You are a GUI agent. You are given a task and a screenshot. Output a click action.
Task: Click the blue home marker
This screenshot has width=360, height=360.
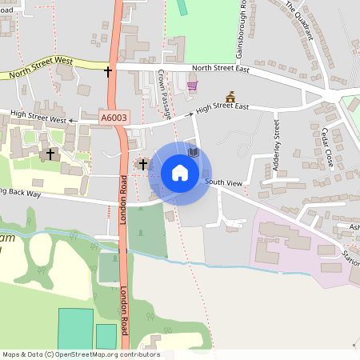(180, 173)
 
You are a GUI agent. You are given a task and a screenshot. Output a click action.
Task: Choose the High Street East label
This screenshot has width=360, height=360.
(222, 106)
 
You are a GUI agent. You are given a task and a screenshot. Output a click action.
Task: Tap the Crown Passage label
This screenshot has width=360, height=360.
(166, 94)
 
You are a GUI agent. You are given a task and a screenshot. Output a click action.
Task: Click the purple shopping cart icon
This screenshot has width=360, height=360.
(192, 86)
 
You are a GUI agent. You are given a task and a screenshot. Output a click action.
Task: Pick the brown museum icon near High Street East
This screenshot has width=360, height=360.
(231, 96)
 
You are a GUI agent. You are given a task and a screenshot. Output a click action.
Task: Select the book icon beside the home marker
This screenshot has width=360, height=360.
(192, 150)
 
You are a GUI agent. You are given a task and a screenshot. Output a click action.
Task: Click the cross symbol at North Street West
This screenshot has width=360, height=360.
(108, 71)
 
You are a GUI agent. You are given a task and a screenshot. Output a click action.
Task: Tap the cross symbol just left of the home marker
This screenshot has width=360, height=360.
(143, 164)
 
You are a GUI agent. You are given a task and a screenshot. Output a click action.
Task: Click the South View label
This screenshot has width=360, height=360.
(223, 183)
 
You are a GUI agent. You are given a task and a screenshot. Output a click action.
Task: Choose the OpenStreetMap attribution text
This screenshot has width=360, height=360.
(80, 354)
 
